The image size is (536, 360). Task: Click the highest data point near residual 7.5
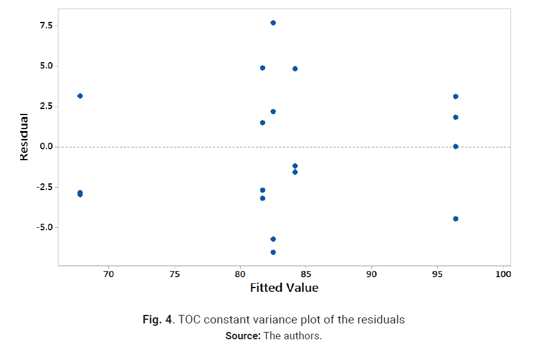click(x=273, y=23)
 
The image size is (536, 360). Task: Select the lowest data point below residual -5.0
click(x=273, y=252)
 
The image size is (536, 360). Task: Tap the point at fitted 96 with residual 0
click(x=456, y=146)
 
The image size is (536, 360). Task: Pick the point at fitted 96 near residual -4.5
click(x=456, y=219)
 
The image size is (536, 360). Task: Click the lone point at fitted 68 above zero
click(x=80, y=96)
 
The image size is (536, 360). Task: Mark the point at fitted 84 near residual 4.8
click(x=295, y=68)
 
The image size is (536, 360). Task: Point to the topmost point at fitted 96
click(x=456, y=96)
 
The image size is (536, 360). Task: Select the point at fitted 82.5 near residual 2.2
click(x=273, y=111)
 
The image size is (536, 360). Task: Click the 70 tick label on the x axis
click(x=108, y=275)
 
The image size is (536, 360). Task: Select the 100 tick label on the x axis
click(x=503, y=275)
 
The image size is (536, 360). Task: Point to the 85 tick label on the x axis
click(x=306, y=275)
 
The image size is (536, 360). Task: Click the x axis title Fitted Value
click(x=284, y=288)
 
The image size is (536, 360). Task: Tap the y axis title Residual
click(x=24, y=136)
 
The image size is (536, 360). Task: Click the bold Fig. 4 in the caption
click(x=157, y=319)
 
